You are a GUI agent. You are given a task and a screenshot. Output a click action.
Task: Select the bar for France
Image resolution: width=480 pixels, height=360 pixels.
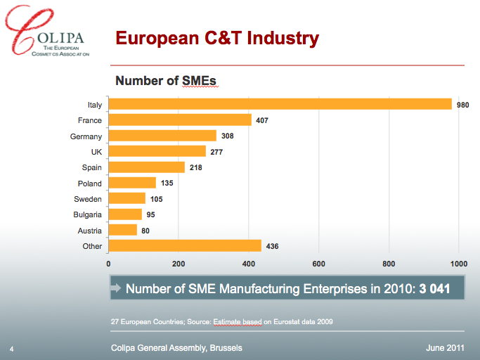[180, 120]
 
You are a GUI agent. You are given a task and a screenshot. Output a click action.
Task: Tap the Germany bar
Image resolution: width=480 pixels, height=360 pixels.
[162, 136]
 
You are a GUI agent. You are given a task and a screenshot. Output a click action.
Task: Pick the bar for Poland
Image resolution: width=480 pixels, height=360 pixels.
[132, 183]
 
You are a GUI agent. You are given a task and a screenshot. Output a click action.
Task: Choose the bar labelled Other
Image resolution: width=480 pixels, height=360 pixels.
[185, 246]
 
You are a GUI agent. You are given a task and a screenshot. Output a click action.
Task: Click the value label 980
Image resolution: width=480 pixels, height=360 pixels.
[462, 105]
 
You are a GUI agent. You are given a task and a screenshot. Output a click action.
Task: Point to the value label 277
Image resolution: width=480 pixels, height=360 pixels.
[216, 152]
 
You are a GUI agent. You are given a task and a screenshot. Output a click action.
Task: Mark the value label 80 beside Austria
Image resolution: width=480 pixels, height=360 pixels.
[145, 231]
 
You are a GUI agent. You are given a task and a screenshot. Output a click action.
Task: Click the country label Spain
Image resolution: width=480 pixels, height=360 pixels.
[92, 167]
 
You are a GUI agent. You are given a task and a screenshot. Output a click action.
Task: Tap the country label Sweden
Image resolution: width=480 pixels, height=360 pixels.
[88, 199]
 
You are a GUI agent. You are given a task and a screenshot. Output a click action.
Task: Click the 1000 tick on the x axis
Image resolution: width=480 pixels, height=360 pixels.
[458, 264]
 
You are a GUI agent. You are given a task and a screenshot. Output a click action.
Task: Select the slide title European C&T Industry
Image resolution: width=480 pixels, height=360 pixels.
[216, 38]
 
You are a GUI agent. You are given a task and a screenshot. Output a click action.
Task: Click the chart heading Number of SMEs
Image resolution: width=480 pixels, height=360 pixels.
[165, 81]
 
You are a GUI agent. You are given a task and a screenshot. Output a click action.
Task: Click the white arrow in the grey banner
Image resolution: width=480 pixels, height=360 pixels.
[117, 289]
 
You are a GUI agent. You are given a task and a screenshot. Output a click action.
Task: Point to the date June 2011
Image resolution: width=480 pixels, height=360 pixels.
[444, 348]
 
